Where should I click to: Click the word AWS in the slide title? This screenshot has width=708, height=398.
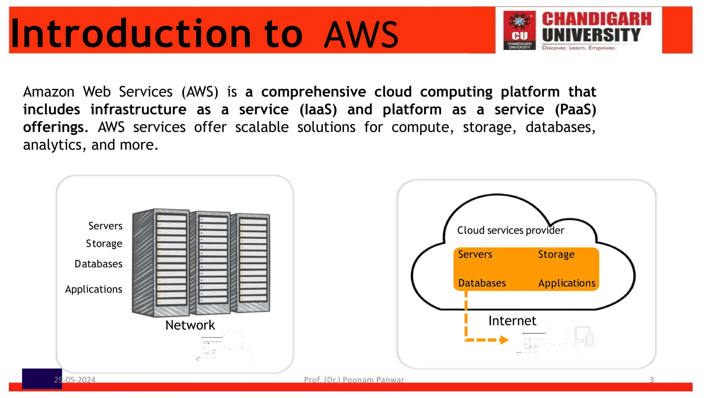coord(361,35)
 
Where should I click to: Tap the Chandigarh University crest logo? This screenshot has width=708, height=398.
coord(519,30)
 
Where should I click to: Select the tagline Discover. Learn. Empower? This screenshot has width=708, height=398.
coord(579,48)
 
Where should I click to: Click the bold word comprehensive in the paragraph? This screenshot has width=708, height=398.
coord(313,92)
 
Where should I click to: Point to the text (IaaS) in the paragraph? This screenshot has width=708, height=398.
coord(318,110)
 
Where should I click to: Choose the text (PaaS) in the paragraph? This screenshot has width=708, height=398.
coord(575,110)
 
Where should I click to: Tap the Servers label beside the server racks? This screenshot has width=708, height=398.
coord(105,226)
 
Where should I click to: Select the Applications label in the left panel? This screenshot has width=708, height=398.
coord(93,289)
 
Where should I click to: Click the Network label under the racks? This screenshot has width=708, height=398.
coord(190,325)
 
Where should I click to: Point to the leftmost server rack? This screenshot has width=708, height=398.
coord(161,263)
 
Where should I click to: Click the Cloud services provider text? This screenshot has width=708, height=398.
coord(510,230)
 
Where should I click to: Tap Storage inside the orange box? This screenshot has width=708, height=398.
coord(556,255)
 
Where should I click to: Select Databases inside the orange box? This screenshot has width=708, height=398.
coord(482,283)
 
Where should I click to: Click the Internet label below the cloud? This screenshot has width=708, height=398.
coord(512,321)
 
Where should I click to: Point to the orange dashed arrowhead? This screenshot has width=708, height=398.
coord(504,340)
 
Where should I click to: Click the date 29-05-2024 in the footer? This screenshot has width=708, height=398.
coord(75,380)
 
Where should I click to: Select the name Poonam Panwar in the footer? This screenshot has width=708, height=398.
coord(373,380)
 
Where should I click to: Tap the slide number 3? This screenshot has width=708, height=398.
coord(651,380)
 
